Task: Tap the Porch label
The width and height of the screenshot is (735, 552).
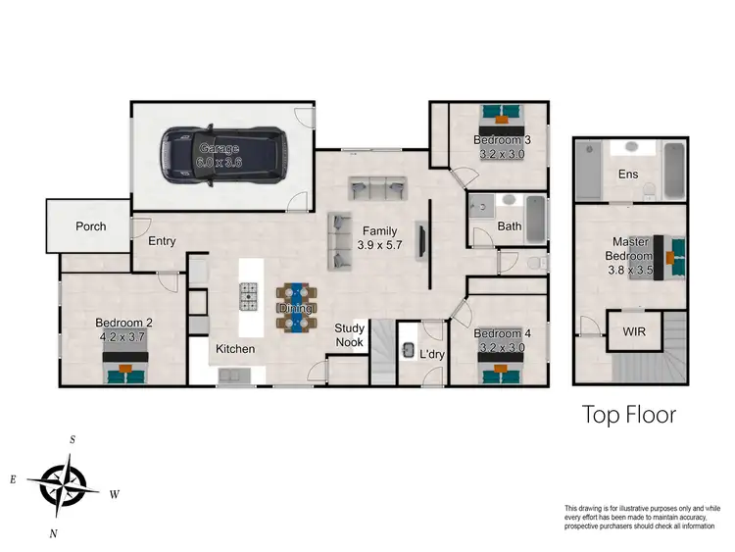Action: (x=90, y=226)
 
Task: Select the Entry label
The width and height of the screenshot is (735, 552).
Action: (x=162, y=241)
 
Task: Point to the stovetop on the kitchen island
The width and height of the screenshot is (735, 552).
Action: (x=249, y=292)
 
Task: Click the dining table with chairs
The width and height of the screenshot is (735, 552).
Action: (x=295, y=307)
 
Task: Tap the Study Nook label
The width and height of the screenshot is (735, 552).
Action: (x=349, y=334)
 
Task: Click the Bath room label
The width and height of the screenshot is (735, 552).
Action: (x=509, y=226)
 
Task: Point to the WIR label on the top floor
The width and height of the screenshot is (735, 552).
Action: (x=634, y=331)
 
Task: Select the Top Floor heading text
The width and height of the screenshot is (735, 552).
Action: (x=629, y=414)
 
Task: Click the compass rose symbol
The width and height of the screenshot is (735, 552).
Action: (x=64, y=483)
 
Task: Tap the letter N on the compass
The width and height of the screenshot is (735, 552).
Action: (x=53, y=533)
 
